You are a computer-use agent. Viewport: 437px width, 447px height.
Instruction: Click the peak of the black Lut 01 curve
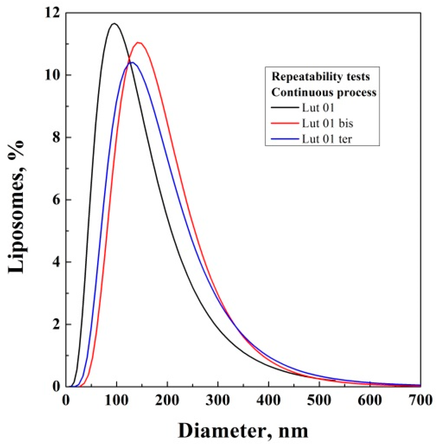pos(114,24)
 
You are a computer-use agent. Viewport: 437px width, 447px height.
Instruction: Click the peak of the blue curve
pos(131,62)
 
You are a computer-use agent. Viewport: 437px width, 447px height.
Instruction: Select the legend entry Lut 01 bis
pos(327,123)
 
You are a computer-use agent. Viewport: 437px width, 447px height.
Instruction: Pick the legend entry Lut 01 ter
pos(327,139)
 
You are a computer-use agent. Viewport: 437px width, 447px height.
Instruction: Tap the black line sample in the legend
pos(285,108)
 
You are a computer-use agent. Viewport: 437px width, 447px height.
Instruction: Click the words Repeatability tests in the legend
pos(320,77)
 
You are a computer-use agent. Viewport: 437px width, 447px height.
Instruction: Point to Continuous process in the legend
pos(324,92)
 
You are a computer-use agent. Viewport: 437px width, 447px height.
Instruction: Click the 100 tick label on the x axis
pos(117,400)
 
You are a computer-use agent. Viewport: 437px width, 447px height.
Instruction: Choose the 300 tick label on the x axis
pos(218,400)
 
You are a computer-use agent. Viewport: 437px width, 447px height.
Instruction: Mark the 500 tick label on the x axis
pos(319,400)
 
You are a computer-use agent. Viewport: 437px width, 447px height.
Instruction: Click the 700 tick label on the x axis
pos(420,400)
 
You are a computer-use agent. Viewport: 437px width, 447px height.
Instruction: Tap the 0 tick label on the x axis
pos(66,400)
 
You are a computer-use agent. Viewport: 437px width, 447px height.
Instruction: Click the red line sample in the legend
pos(285,123)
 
